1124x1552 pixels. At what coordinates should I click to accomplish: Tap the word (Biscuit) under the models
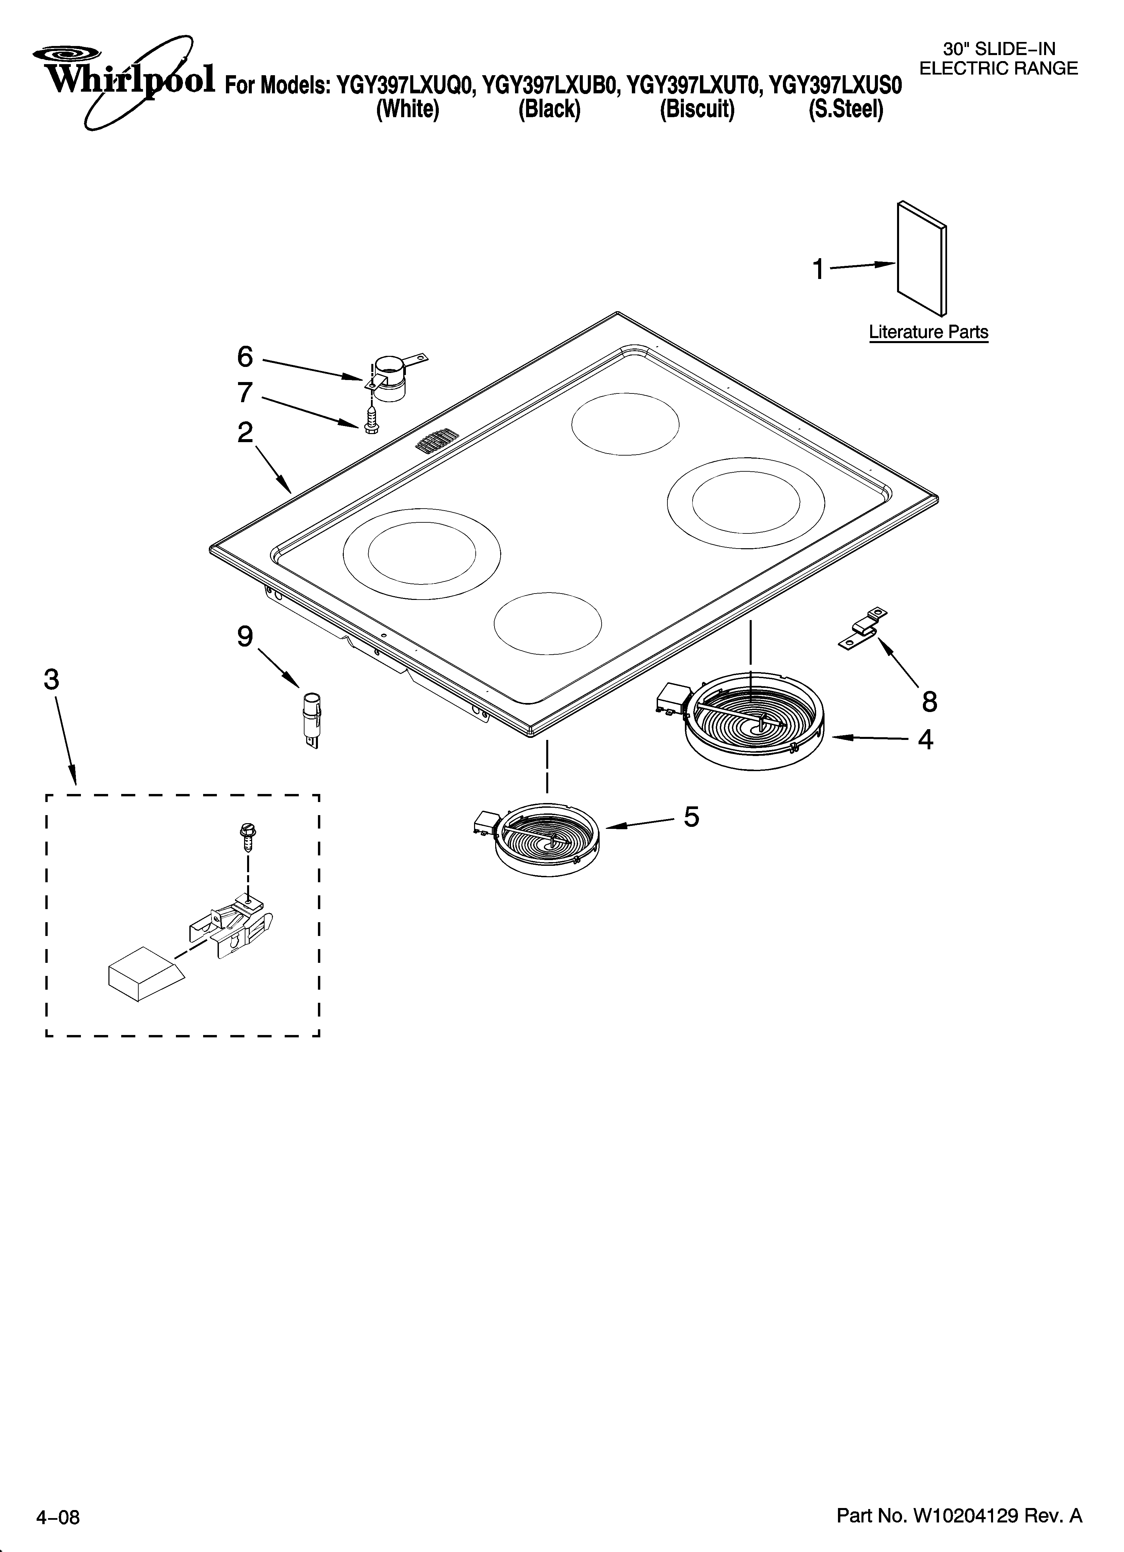coord(697,109)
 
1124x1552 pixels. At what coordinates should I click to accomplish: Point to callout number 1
coord(818,270)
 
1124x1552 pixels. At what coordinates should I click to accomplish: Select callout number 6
coord(244,357)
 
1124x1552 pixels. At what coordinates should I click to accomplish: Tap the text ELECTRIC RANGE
coord(998,68)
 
